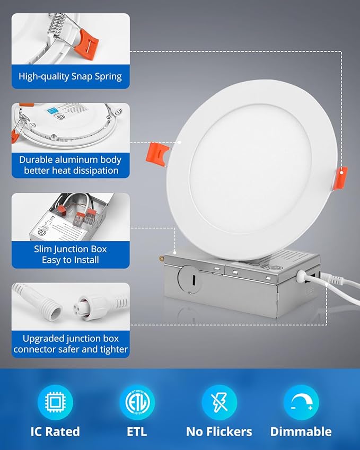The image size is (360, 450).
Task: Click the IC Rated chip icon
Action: [55, 402]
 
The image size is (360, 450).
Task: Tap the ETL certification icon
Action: [137, 402]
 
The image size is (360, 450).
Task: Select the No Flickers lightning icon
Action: [219, 402]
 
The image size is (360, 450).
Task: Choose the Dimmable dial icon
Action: [301, 402]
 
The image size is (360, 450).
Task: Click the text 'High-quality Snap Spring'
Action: [70, 76]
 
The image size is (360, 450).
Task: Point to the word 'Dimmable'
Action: [301, 431]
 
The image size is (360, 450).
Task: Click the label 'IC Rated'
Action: [55, 431]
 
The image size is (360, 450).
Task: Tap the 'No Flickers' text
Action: [219, 431]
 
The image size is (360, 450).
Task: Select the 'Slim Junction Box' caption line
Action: [71, 249]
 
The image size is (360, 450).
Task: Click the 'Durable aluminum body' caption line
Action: [71, 160]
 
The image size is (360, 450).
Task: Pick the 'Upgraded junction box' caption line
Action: [71, 338]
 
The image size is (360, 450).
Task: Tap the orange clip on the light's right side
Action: [342, 177]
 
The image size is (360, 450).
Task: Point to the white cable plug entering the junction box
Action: [303, 276]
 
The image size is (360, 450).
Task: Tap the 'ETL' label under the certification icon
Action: [137, 431]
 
